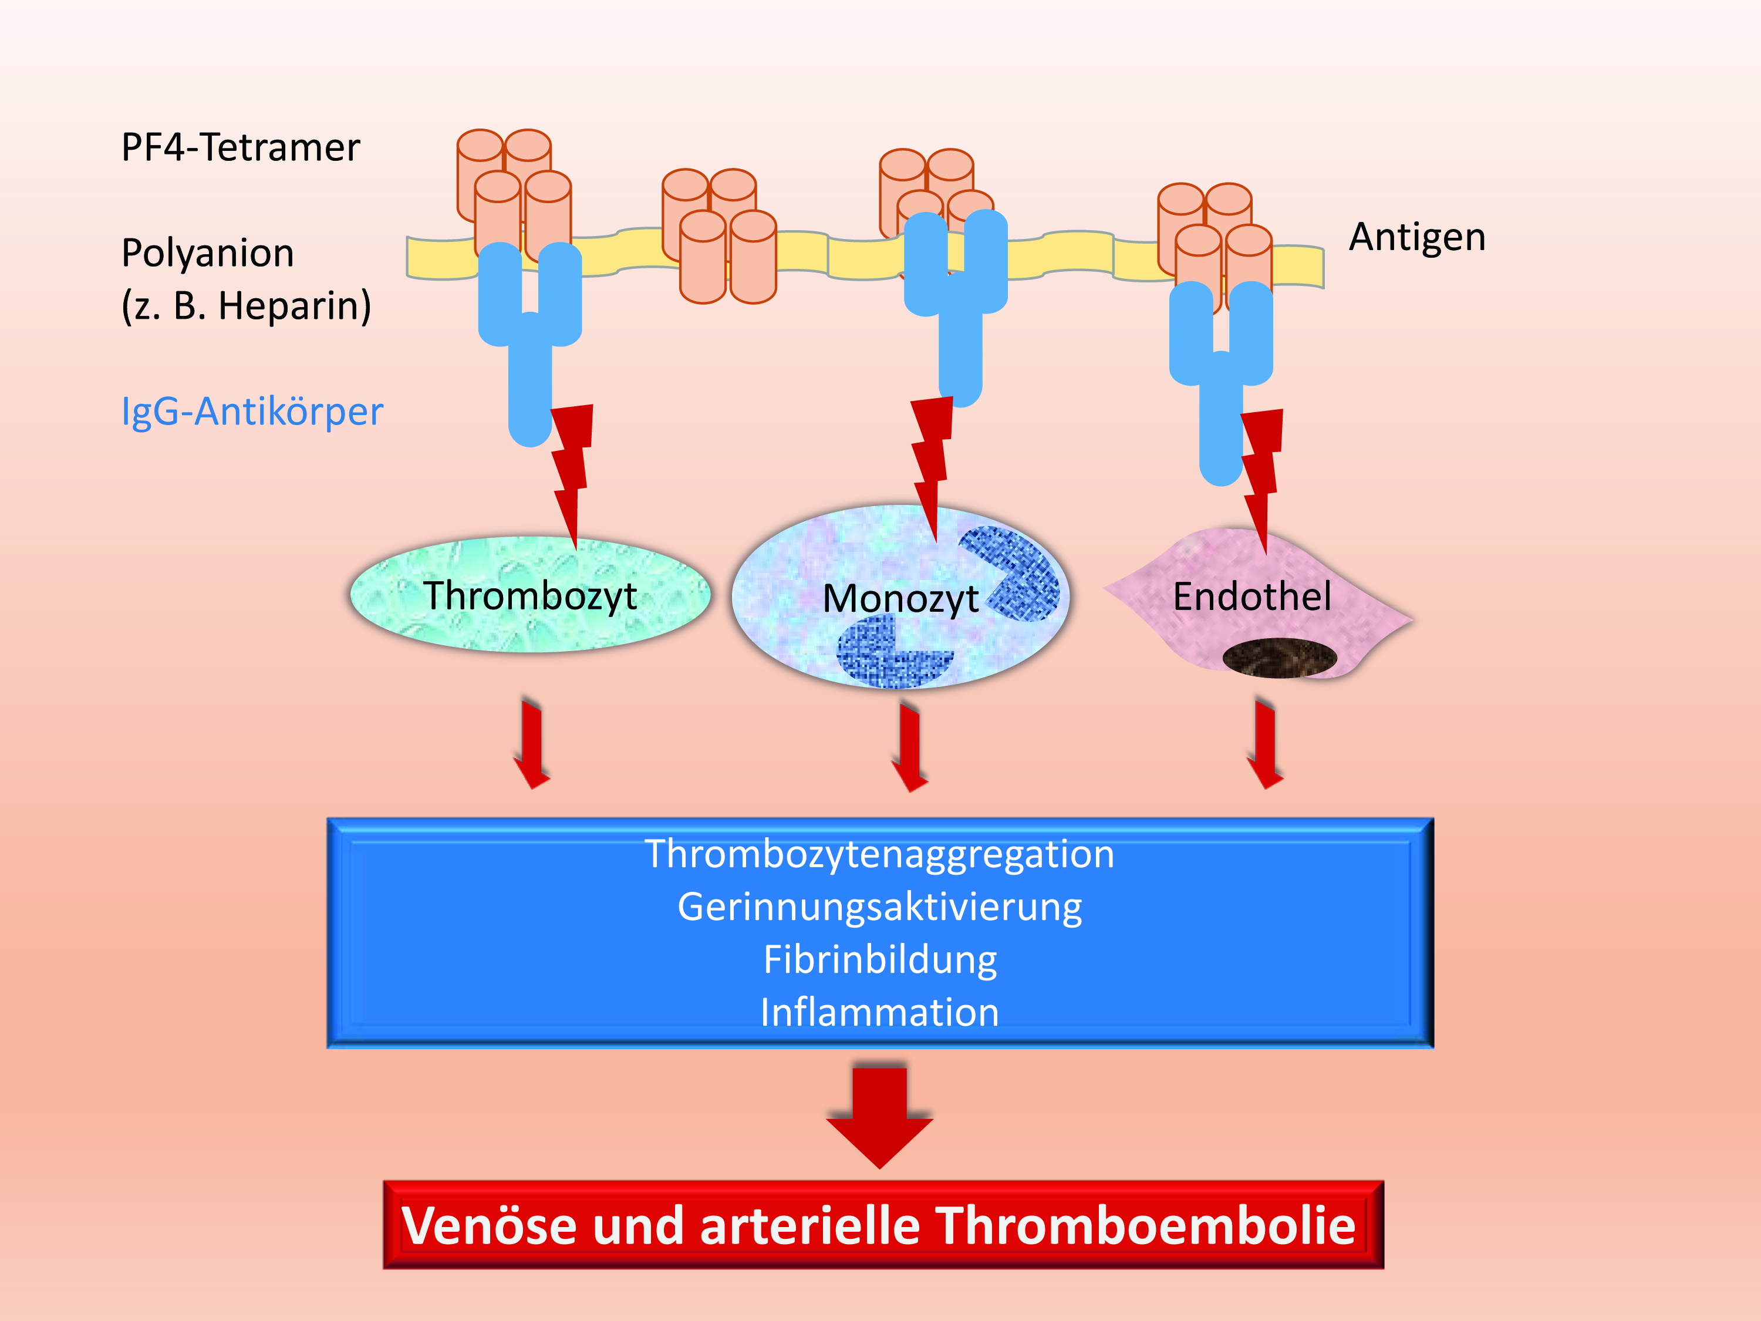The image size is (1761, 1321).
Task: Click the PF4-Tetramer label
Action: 241,148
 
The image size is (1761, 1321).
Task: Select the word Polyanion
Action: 208,253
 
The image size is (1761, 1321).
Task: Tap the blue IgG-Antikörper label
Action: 252,412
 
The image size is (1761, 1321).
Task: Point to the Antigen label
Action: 1417,237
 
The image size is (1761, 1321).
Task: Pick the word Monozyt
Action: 900,599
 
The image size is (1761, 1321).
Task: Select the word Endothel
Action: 1251,597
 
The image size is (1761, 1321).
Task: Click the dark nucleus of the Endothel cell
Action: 1278,658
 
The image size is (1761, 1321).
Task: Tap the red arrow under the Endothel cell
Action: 1265,743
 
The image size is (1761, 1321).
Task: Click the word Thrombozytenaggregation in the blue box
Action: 880,854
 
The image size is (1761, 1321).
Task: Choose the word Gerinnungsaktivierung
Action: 880,907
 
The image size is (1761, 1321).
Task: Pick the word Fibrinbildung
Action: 880,959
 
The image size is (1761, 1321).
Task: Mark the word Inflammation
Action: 880,1013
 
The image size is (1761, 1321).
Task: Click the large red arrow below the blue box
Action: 880,1115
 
